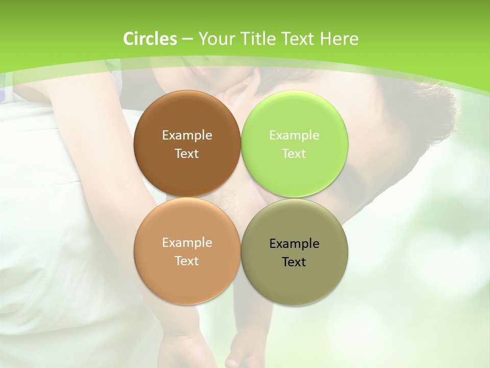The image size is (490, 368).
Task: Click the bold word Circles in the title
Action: pos(150,39)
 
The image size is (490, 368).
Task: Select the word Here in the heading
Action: pos(339,39)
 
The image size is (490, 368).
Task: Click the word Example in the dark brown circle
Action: pos(187,135)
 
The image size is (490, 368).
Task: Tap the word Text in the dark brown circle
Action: pos(187,154)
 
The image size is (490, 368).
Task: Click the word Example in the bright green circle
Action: pos(294,135)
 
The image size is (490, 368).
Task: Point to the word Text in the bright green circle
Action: pos(294,154)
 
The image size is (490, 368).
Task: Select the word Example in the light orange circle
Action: pos(187,243)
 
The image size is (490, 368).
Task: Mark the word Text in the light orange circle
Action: pos(187,261)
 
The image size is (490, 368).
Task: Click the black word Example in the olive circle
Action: pos(294,244)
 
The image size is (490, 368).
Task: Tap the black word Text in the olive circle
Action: pos(294,262)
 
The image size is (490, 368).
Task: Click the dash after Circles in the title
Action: pos(187,39)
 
